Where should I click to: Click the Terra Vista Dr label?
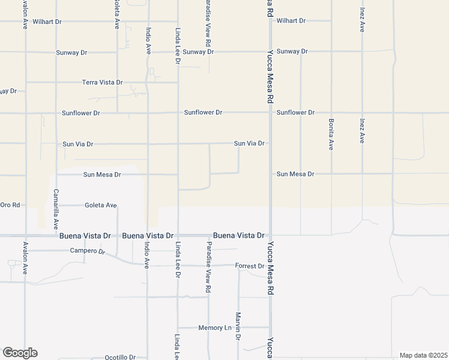click(102, 82)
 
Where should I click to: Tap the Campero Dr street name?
click(88, 251)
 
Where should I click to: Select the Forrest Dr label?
click(250, 266)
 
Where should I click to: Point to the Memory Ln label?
click(215, 328)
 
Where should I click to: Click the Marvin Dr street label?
click(238, 327)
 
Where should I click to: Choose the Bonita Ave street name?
click(331, 134)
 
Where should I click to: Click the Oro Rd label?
click(10, 205)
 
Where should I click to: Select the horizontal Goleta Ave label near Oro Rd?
click(101, 205)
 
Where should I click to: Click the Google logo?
click(20, 353)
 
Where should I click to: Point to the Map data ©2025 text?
click(423, 355)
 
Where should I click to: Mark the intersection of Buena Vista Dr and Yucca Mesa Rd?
click(270, 235)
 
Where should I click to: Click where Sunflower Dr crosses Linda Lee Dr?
click(178, 113)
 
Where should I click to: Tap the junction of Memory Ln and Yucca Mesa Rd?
click(270, 328)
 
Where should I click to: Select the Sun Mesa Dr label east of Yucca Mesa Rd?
click(295, 174)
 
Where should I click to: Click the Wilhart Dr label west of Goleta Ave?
click(47, 22)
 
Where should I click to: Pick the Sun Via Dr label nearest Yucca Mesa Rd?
click(249, 143)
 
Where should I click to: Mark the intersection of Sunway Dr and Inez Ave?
click(362, 52)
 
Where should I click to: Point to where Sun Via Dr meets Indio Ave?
click(148, 144)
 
